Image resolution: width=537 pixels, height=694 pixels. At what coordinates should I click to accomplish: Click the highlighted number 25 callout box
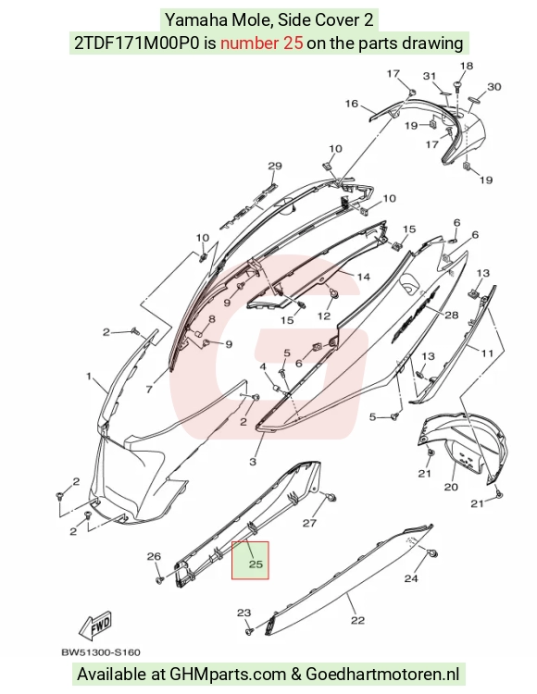(x=250, y=561)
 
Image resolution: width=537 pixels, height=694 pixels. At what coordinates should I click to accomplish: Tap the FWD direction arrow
(x=95, y=626)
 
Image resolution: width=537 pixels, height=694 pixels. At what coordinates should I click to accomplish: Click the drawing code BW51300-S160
(x=101, y=652)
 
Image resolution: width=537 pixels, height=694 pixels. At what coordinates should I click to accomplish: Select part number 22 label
(x=357, y=621)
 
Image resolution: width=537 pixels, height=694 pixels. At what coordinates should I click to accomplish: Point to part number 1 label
(x=89, y=377)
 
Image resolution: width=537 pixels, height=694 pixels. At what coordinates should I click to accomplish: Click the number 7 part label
(x=149, y=390)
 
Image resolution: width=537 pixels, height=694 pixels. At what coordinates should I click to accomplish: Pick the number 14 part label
(x=364, y=277)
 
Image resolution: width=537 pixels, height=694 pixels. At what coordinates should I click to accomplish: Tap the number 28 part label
(x=452, y=316)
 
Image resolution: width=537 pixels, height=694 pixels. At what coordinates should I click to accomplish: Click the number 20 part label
(x=451, y=487)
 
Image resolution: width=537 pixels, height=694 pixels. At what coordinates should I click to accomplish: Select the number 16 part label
(x=352, y=104)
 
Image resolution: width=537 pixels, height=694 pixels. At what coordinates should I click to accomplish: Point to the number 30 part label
(x=494, y=86)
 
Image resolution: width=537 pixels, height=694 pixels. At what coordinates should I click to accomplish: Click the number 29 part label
(x=275, y=166)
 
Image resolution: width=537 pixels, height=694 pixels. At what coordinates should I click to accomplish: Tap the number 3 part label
(x=253, y=462)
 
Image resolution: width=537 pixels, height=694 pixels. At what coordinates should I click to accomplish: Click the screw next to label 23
(x=249, y=630)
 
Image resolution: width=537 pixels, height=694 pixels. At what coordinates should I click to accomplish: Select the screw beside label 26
(x=160, y=579)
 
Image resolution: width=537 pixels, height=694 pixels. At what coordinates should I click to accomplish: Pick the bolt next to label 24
(x=432, y=553)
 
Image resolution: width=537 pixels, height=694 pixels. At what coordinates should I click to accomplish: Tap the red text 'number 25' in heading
(x=262, y=43)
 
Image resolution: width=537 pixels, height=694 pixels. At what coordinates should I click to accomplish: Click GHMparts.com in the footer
(x=228, y=674)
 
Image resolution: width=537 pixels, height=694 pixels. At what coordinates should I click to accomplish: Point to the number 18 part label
(x=466, y=66)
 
